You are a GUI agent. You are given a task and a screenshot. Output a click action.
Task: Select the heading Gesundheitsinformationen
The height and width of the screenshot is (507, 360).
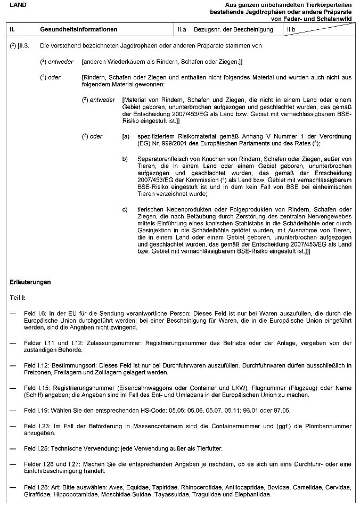pyautogui.click(x=79, y=29)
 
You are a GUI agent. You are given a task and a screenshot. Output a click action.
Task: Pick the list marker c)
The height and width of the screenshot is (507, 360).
pyautogui.click(x=126, y=209)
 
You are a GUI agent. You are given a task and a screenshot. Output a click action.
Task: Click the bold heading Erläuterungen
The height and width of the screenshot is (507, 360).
pyautogui.click(x=30, y=282)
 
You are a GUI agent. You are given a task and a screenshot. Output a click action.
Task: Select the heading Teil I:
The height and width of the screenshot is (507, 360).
pyautogui.click(x=21, y=297)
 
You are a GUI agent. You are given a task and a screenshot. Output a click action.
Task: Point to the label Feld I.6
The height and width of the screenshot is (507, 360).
pyautogui.click(x=35, y=314)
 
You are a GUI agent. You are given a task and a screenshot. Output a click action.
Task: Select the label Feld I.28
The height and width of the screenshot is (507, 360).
pyautogui.click(x=36, y=488)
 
